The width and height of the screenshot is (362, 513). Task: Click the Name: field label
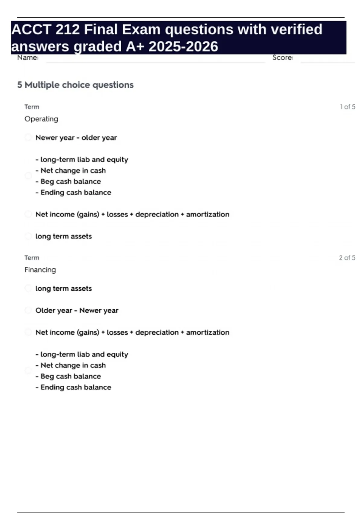pos(28,58)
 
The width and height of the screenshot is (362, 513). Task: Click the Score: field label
pos(283,58)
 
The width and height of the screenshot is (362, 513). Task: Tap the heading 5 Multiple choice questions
pos(75,85)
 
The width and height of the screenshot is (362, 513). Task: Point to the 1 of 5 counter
pos(347,107)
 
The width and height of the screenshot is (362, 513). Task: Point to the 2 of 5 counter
pos(347,258)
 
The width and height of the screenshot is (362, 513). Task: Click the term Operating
pos(41,119)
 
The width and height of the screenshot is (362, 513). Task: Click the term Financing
pos(40,270)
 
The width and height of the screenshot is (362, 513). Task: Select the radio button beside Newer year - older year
pos(28,138)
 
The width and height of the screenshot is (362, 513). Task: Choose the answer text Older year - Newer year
pos(77,311)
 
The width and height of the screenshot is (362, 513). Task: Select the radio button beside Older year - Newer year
pos(28,311)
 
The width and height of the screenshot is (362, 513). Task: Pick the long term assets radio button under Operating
pos(28,236)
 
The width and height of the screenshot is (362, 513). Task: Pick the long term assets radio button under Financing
pos(28,288)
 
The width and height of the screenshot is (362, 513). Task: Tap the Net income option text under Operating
pos(132,215)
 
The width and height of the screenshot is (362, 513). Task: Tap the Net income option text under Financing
pos(132,333)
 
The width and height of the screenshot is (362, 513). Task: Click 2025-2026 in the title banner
pos(183,46)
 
